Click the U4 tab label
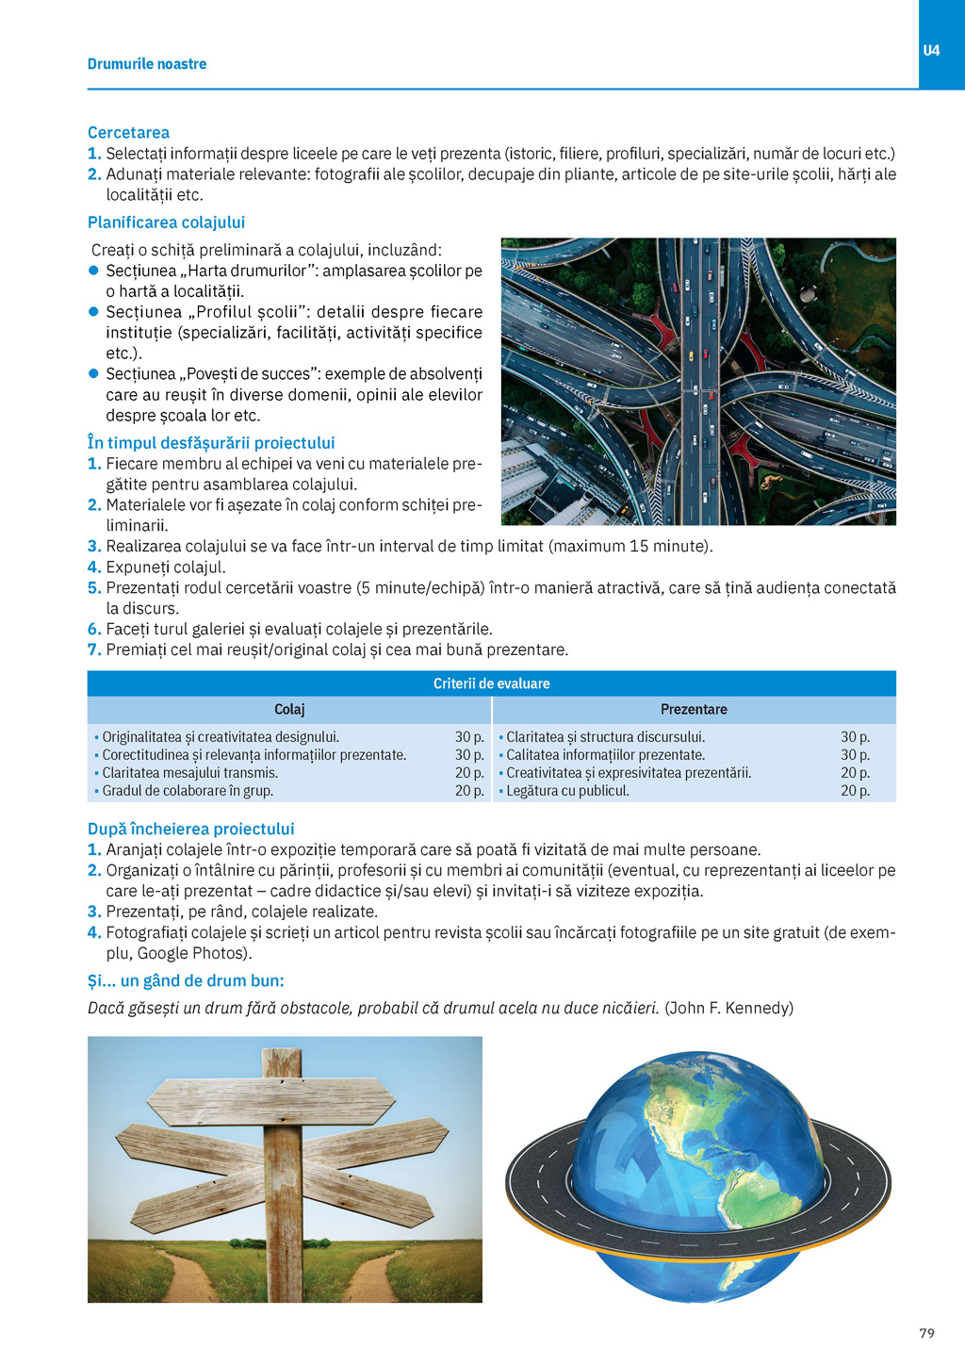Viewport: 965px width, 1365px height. pos(931,50)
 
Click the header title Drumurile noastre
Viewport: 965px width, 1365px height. pos(147,64)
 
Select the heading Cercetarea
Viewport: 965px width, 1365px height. pos(128,132)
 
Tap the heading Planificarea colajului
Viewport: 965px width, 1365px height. pos(166,222)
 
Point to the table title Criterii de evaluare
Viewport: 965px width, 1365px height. pos(491,683)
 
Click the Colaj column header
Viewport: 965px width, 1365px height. pos(289,709)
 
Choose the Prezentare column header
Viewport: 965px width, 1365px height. pos(694,709)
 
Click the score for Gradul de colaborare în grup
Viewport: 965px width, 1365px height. pos(469,791)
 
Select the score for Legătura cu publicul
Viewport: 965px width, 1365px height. pos(855,791)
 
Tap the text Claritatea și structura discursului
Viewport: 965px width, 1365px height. pos(605,737)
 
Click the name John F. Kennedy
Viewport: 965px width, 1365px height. pos(728,1008)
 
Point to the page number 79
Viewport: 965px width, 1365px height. pos(926,1333)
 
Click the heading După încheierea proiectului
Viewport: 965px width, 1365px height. pos(190,829)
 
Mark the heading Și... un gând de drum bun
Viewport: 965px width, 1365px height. pos(186,980)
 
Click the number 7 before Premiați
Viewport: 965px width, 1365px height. pos(93,650)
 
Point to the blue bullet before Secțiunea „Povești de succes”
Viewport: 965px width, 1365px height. pos(93,374)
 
